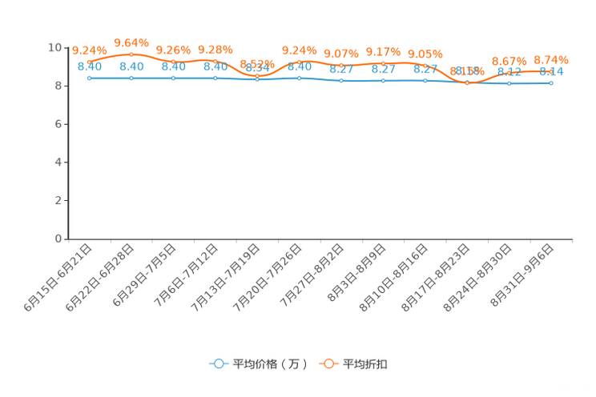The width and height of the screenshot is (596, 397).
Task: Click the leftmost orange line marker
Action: pyautogui.click(x=89, y=61)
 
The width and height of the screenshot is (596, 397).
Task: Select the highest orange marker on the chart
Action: pyautogui.click(x=131, y=54)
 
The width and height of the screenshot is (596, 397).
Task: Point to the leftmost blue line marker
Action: pyautogui.click(x=89, y=78)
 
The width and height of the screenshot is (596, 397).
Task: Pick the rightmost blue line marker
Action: pyautogui.click(x=551, y=82)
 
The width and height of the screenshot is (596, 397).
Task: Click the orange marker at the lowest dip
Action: pyautogui.click(x=467, y=82)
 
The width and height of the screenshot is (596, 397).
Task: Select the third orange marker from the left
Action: pyautogui.click(x=173, y=62)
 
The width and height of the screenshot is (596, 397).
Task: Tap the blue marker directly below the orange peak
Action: pyautogui.click(x=131, y=78)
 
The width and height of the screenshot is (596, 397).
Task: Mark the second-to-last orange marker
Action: pyautogui.click(x=509, y=72)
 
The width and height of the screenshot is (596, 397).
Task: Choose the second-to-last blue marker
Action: pyautogui.click(x=509, y=82)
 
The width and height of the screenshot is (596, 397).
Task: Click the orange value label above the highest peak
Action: pyautogui.click(x=131, y=40)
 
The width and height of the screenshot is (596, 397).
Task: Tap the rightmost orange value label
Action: pyautogui.click(x=551, y=59)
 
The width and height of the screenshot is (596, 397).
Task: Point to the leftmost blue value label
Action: pyautogui.click(x=89, y=66)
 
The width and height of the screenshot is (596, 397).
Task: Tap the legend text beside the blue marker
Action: pyautogui.click(x=269, y=364)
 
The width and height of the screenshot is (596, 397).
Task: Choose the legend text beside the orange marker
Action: pyautogui.click(x=367, y=364)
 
